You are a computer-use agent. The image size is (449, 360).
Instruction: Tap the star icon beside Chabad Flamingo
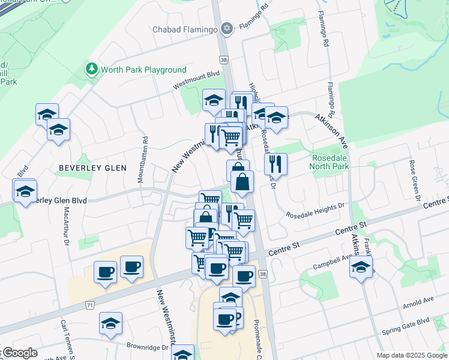click(x=226, y=28)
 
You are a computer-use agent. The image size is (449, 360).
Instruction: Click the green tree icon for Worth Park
click(x=91, y=69)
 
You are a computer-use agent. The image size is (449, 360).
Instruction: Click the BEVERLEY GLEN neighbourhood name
click(x=92, y=168)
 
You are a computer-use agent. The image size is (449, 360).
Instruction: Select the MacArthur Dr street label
click(x=66, y=226)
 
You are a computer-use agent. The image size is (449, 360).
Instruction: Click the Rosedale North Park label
click(x=330, y=162)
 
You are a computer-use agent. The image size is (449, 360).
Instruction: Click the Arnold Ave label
click(x=420, y=299)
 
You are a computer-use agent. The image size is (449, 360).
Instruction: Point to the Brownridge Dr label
click(x=146, y=346)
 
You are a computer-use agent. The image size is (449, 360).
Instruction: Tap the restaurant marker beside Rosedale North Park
click(x=276, y=163)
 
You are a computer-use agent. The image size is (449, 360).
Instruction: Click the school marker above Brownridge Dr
click(x=111, y=324)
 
